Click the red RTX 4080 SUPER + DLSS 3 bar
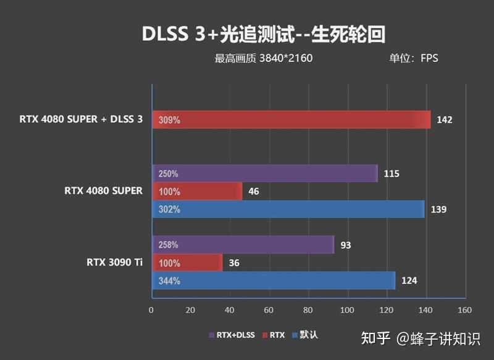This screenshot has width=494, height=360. coord(291,120)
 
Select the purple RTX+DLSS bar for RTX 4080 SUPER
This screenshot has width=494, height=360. coord(264,174)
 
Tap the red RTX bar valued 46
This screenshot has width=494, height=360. coord(197,191)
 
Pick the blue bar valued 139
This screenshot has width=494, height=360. coord(288,209)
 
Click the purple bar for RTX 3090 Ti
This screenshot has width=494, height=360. coord(243,245)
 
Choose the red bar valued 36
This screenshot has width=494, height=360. coord(187,263)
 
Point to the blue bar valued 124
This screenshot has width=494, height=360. coord(273,281)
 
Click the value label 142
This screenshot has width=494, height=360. coord(444,120)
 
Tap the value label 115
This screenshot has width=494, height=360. coord(391,174)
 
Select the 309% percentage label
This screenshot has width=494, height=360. coord(169,120)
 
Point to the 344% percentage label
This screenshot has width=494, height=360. coord(169,281)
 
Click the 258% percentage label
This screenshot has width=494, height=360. coord(169,245)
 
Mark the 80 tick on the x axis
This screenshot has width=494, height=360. coord(308,310)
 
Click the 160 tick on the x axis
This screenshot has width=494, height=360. coord(464,310)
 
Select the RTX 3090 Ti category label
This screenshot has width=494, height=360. coord(114,262)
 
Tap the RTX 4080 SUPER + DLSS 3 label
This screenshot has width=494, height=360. coord(80,119)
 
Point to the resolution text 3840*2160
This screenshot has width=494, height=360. coord(286,59)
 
